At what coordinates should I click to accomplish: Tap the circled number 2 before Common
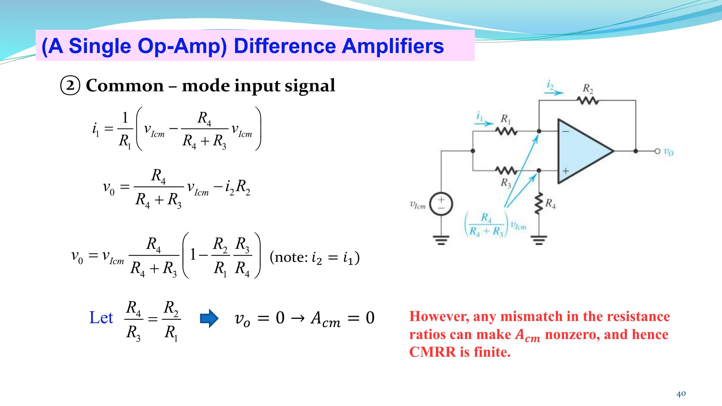70,86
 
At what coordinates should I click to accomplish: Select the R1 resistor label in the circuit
506,119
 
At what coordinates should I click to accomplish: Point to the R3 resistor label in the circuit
506,183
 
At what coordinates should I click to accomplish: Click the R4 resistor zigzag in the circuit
538,204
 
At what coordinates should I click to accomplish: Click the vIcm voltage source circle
441,204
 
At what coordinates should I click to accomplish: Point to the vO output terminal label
669,152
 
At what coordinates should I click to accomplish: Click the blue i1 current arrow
484,123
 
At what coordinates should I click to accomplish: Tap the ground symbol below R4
539,240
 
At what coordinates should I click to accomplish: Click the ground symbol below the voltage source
441,240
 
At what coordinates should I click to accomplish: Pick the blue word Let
101,318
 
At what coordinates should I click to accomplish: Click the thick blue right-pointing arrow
209,318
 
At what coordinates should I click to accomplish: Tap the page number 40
681,394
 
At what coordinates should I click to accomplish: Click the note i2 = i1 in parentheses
314,257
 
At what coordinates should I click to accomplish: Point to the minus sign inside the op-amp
565,131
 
